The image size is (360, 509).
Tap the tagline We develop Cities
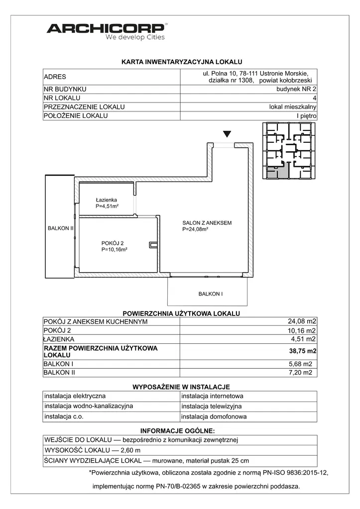pos(135,37)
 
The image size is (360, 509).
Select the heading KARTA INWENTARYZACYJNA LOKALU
pos(181,62)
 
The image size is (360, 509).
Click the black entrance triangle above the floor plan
pos(227,134)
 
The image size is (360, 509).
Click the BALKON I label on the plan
pos(210,294)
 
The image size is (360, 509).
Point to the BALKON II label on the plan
pos(60,228)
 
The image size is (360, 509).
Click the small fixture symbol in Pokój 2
pos(153,244)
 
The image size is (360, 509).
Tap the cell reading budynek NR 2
pos(296,89)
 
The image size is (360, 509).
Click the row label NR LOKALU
pos(62,98)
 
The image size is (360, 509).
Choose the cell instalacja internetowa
pos(212,397)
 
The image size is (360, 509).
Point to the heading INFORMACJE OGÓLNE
pos(178,430)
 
